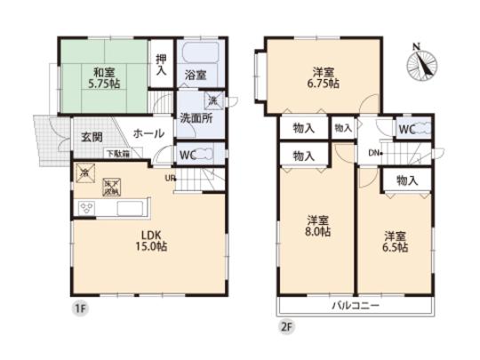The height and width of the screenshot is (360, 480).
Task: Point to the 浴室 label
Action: point(196,76)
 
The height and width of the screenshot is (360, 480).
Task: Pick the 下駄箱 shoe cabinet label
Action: point(119,153)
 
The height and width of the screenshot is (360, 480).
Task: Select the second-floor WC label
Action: point(406,130)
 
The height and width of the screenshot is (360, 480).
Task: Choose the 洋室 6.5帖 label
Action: point(396,241)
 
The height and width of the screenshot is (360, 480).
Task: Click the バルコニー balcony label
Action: point(356,306)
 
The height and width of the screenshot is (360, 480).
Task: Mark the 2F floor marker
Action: point(286,326)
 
